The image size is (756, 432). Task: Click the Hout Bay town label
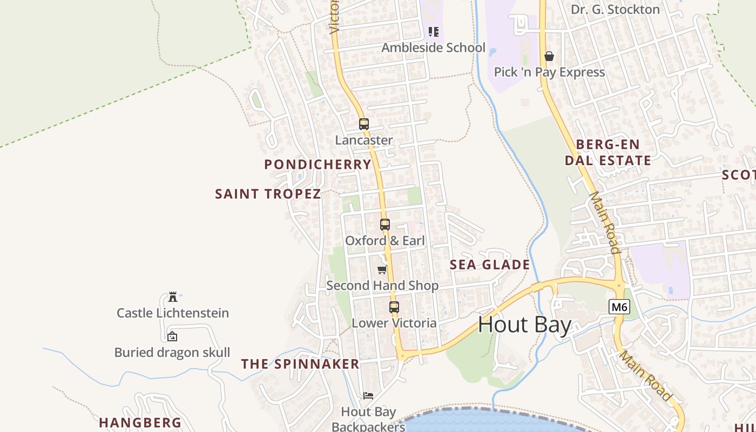(x=524, y=325)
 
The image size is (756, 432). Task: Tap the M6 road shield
(x=619, y=307)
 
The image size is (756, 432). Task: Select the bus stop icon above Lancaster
(x=364, y=124)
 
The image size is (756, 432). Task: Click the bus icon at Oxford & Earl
(x=384, y=224)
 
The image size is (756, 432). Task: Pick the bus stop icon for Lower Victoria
(x=394, y=307)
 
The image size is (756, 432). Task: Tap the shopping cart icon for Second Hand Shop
(x=382, y=269)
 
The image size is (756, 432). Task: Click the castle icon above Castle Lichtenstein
(x=173, y=297)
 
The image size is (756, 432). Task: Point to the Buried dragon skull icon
(x=172, y=336)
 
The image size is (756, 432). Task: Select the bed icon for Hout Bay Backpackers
(x=368, y=396)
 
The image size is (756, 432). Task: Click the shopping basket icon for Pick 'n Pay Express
(x=549, y=56)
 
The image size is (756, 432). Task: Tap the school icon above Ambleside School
(x=433, y=32)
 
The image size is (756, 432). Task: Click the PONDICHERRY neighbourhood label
(x=318, y=165)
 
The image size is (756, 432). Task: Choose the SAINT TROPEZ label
(x=268, y=194)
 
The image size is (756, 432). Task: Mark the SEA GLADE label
(x=490, y=265)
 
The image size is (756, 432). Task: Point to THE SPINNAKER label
(x=300, y=364)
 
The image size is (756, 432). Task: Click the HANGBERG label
(x=140, y=422)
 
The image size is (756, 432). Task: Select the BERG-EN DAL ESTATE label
(x=608, y=152)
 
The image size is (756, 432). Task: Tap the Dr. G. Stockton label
(x=615, y=9)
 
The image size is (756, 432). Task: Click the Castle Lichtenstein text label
(x=173, y=313)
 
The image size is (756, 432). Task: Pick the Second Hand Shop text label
(x=382, y=285)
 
